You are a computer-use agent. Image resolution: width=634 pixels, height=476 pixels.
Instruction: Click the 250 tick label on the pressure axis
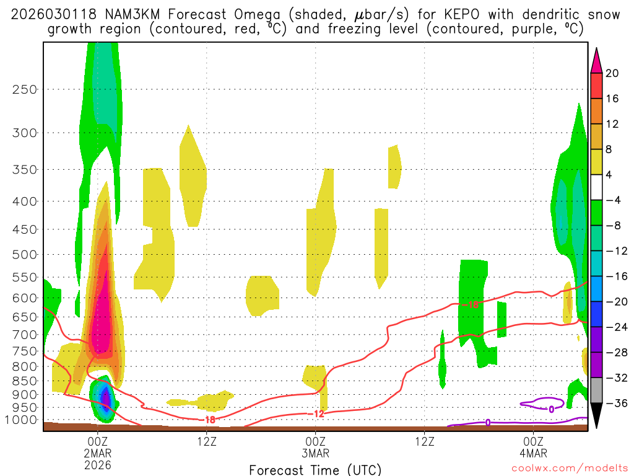click(x=24, y=89)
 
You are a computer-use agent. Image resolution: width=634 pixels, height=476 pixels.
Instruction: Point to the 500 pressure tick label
click(x=24, y=254)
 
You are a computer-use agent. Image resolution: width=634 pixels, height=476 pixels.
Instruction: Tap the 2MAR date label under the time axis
click(x=98, y=453)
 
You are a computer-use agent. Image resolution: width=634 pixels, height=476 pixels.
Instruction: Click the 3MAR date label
click(x=316, y=453)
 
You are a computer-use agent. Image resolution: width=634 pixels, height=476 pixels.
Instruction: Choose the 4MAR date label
click(x=534, y=453)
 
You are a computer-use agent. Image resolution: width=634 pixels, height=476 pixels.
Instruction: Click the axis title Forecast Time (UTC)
click(x=315, y=469)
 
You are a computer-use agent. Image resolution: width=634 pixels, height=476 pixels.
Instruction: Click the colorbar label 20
click(x=612, y=73)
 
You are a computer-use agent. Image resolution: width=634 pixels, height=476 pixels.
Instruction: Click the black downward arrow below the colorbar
click(x=596, y=416)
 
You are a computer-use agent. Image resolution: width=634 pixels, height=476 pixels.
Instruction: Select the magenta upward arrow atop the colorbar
click(x=596, y=59)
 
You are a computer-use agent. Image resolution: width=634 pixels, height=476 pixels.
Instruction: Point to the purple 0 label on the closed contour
click(x=551, y=409)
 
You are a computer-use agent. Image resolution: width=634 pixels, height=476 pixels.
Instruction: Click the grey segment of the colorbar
click(x=596, y=390)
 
